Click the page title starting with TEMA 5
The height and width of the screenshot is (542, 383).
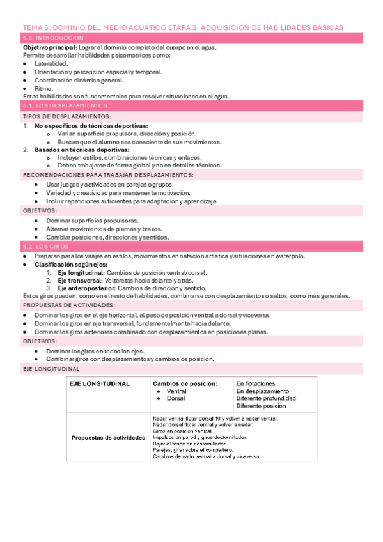[183, 27]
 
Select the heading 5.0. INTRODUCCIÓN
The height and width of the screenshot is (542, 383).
[46, 39]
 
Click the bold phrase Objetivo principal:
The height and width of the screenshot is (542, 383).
[49, 48]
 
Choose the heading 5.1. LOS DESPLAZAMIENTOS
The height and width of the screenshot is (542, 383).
[65, 105]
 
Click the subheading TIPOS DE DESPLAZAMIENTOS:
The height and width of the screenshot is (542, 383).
[67, 117]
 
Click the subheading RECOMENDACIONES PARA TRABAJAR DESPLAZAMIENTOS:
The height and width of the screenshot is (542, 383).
[108, 175]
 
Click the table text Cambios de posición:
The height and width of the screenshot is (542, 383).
[185, 383]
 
